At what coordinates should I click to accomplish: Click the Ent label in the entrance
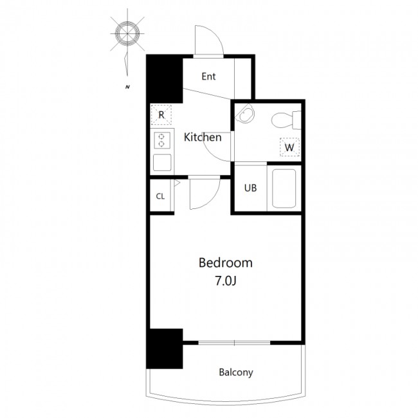pyautogui.click(x=208, y=77)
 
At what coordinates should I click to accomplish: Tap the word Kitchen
pyautogui.click(x=203, y=137)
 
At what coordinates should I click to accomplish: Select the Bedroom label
pyautogui.click(x=226, y=263)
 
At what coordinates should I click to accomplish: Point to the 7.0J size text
pyautogui.click(x=226, y=281)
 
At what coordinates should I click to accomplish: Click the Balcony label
pyautogui.click(x=236, y=372)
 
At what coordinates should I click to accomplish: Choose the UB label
pyautogui.click(x=250, y=188)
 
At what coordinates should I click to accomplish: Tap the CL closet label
pyautogui.click(x=160, y=197)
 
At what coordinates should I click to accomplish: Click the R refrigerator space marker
pyautogui.click(x=161, y=115)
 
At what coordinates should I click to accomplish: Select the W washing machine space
pyautogui.click(x=290, y=147)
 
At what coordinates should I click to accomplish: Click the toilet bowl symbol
pyautogui.click(x=286, y=120)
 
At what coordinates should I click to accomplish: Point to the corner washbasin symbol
pyautogui.click(x=245, y=113)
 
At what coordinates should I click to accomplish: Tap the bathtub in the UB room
pyautogui.click(x=284, y=188)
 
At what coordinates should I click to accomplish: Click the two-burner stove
pyautogui.click(x=162, y=140)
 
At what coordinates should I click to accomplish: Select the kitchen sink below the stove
pyautogui.click(x=162, y=163)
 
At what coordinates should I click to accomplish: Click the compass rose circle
pyautogui.click(x=127, y=33)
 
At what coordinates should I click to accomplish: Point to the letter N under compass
pyautogui.click(x=128, y=87)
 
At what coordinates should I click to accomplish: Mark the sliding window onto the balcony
pyautogui.click(x=234, y=343)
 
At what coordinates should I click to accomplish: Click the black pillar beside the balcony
pyautogui.click(x=165, y=349)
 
